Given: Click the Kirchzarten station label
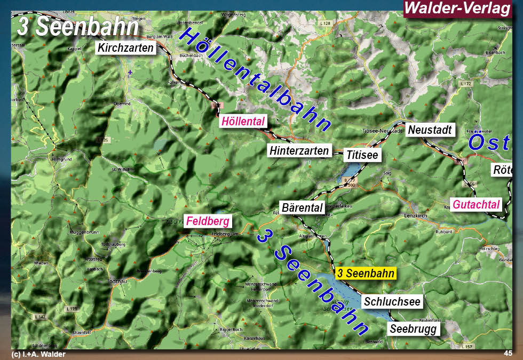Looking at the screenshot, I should pos(126,48).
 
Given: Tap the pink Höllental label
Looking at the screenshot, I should pos(243,122).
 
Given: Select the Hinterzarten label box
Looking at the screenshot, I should pos(299,151).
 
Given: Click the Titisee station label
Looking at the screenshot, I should pos(362,156).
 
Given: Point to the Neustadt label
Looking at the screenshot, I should pos(430,130).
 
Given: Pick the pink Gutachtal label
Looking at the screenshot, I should pos(477,204).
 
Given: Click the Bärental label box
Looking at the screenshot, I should pos(302,207).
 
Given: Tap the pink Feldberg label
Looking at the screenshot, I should pos(208,221).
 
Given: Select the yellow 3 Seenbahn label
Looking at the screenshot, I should pos(366,274).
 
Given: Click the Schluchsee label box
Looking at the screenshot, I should pos(392,302).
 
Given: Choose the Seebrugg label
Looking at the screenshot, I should pos(414,329).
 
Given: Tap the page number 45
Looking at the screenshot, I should pos(508,354).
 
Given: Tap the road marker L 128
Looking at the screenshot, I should pos(324,23).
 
